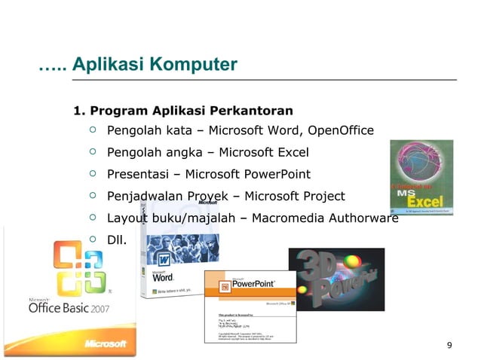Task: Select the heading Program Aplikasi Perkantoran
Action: (x=182, y=111)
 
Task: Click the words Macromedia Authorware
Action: (x=327, y=219)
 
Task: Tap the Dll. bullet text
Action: (x=116, y=241)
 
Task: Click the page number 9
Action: (x=449, y=346)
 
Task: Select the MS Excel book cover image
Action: (x=421, y=178)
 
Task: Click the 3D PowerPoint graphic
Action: (x=336, y=280)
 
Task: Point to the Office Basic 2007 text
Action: (x=69, y=308)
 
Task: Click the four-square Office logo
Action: (x=77, y=269)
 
